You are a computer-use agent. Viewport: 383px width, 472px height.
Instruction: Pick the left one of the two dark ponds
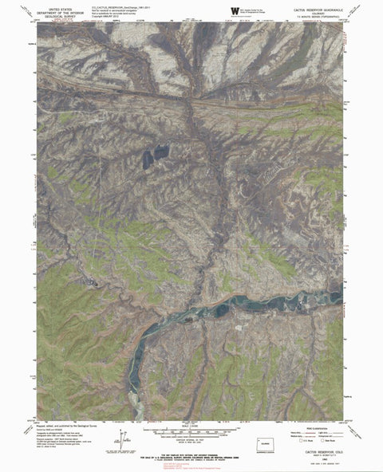148,158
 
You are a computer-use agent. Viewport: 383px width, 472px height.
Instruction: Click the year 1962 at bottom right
308,462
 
